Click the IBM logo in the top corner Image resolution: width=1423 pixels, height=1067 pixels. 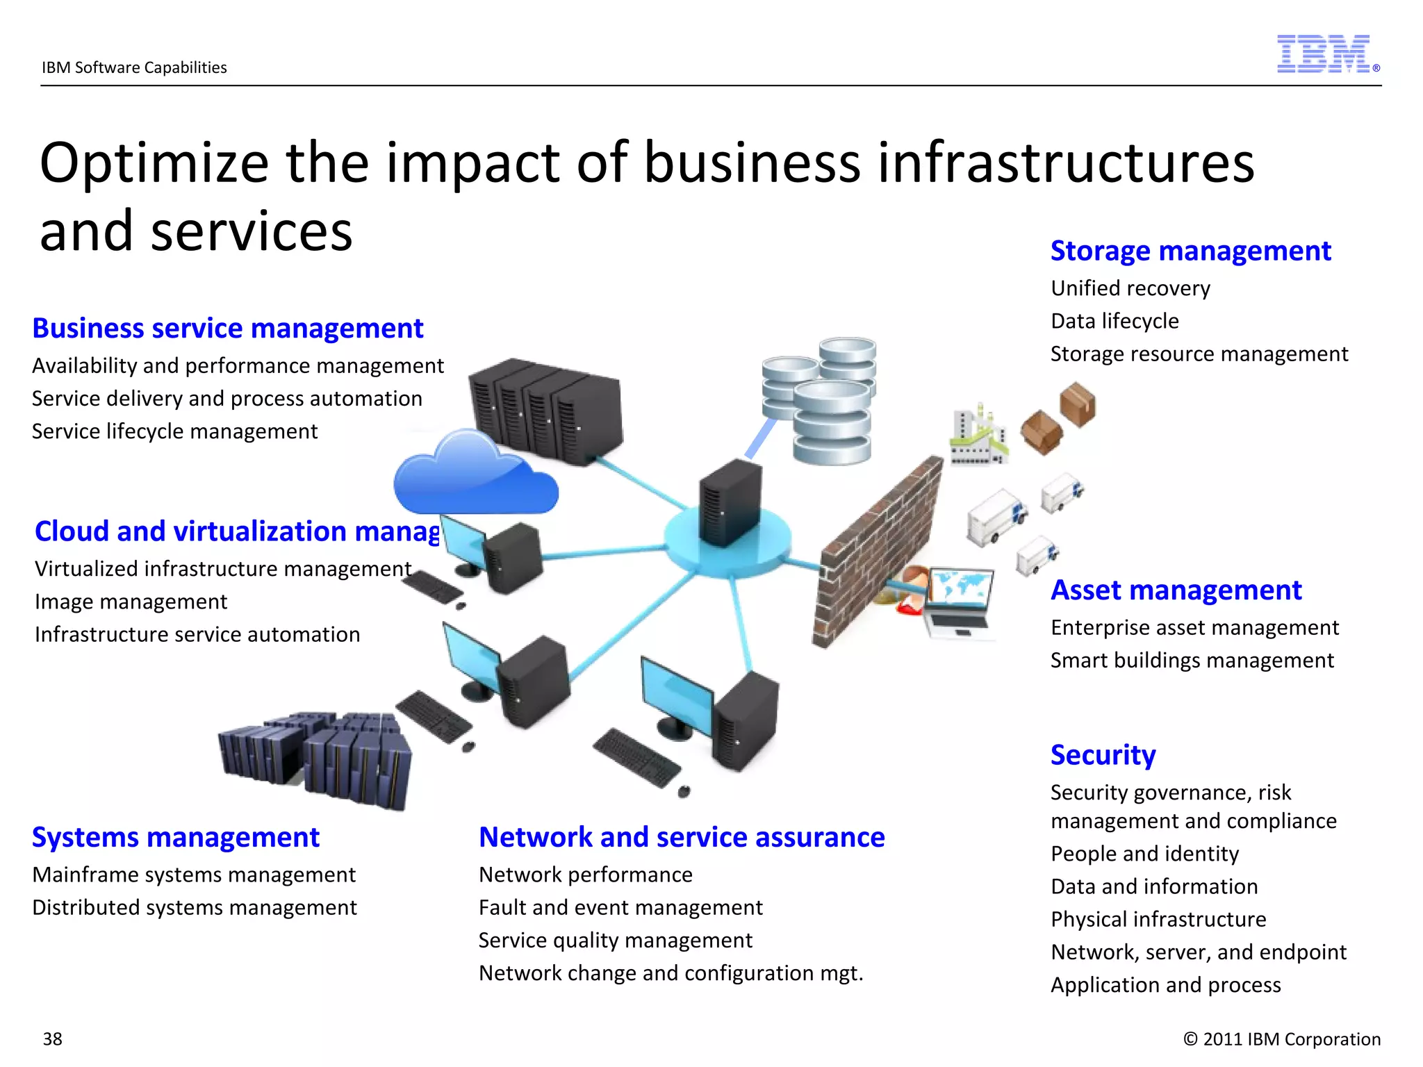click(1324, 54)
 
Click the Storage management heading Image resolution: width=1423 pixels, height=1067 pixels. click(1190, 251)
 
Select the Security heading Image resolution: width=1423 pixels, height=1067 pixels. click(1103, 755)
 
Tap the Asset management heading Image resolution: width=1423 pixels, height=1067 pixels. click(1176, 590)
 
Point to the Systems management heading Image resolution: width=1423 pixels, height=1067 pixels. click(176, 838)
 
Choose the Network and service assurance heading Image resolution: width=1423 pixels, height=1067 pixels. click(682, 838)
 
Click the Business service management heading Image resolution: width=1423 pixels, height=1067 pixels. click(228, 329)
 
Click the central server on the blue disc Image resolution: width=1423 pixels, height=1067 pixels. click(730, 504)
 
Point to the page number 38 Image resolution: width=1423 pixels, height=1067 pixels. click(53, 1039)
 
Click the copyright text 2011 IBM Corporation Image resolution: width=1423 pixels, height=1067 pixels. click(1282, 1039)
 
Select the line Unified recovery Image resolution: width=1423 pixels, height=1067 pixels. click(1130, 288)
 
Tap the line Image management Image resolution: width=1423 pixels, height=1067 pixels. click(131, 602)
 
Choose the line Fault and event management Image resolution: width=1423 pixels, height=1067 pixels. click(620, 908)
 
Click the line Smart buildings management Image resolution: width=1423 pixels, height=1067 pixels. click(1192, 661)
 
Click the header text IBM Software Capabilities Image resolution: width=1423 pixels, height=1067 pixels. click(134, 67)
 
